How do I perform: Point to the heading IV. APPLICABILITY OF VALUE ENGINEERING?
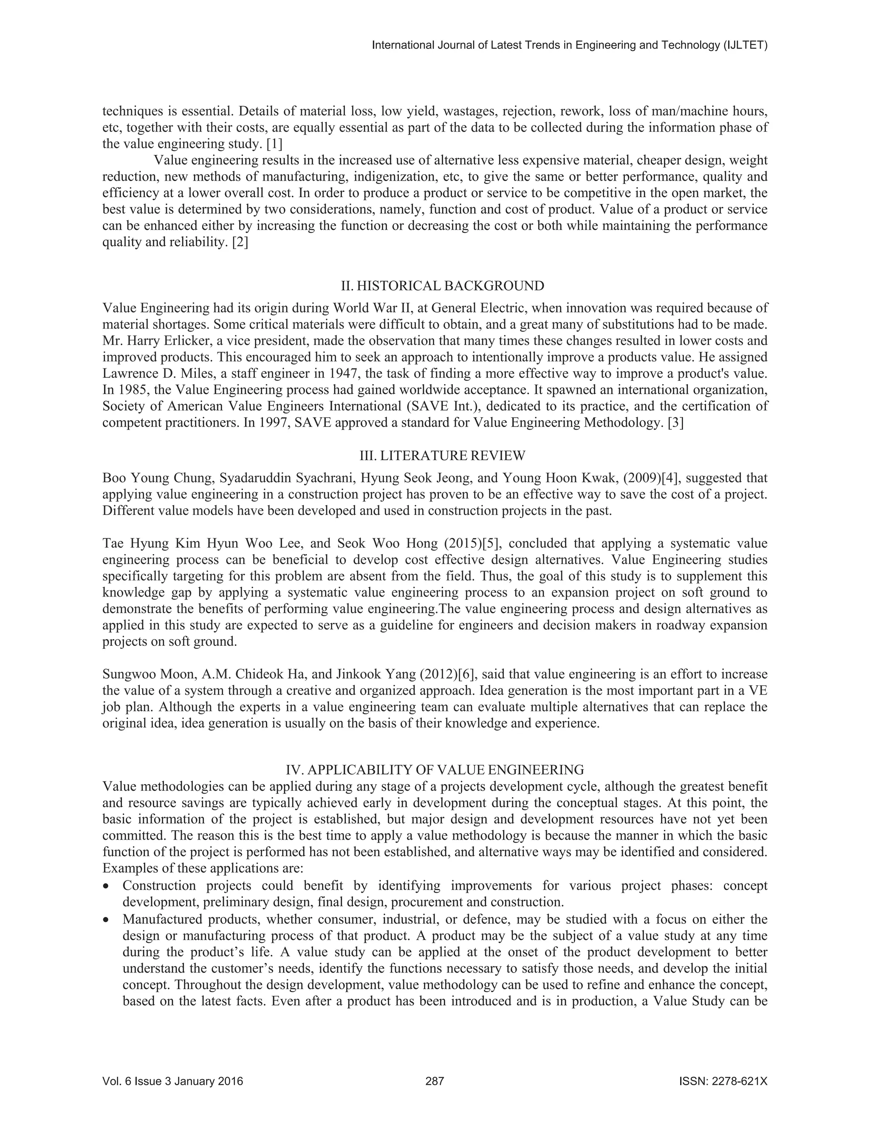435,770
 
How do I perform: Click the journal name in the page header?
570,45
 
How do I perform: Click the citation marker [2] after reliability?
240,242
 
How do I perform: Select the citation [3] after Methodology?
676,423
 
